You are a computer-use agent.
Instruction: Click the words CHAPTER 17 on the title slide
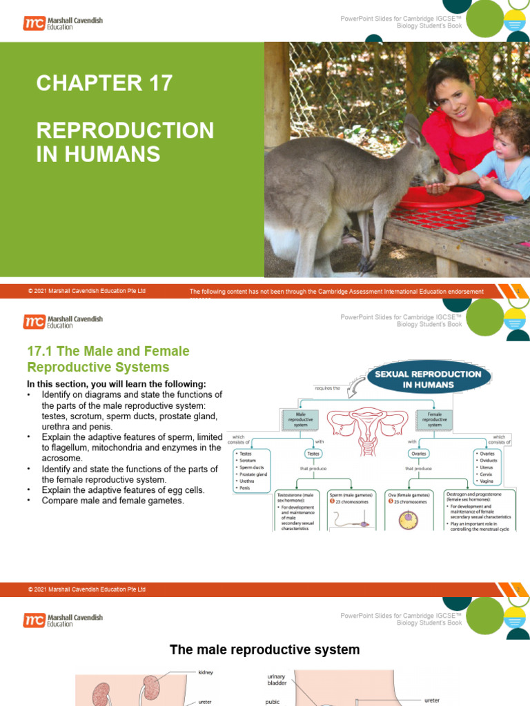[x=104, y=83]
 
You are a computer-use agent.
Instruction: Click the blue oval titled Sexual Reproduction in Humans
[x=428, y=379]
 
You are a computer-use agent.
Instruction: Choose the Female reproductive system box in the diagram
[x=434, y=421]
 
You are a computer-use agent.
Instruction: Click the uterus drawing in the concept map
[x=366, y=422]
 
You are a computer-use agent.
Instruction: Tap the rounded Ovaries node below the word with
[x=419, y=453]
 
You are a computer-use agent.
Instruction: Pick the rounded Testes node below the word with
[x=315, y=453]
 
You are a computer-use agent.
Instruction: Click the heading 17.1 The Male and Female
[x=108, y=351]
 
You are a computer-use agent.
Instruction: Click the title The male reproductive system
[x=265, y=649]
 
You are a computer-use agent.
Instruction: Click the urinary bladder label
[x=276, y=681]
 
